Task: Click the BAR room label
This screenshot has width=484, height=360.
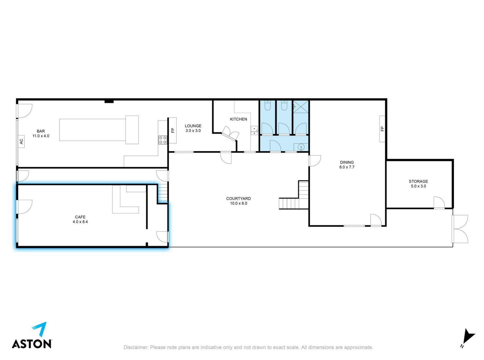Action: point(41,131)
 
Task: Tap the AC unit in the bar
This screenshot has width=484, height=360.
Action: point(21,142)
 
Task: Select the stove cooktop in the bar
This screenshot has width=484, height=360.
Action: point(162,140)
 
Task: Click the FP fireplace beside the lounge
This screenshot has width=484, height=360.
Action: point(173,130)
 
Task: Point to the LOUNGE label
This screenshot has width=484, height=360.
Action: point(193,126)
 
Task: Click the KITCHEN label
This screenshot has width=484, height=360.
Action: point(238,119)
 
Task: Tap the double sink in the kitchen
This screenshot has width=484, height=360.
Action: point(254,130)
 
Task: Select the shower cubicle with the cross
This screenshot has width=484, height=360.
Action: point(300,106)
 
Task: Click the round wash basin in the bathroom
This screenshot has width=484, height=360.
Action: point(301,147)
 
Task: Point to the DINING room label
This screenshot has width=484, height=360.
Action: point(347,162)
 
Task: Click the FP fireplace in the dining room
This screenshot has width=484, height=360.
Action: point(382,129)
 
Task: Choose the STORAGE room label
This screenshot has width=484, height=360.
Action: point(418,181)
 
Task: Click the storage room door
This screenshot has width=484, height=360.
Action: point(439,203)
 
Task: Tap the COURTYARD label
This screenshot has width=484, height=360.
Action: point(238,198)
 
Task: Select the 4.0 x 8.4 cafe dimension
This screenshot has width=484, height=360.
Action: point(80,221)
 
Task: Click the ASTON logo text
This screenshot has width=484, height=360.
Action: point(32,343)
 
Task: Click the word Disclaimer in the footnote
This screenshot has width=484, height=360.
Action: point(136,347)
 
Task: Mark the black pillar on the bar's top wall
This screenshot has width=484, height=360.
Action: point(109,101)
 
